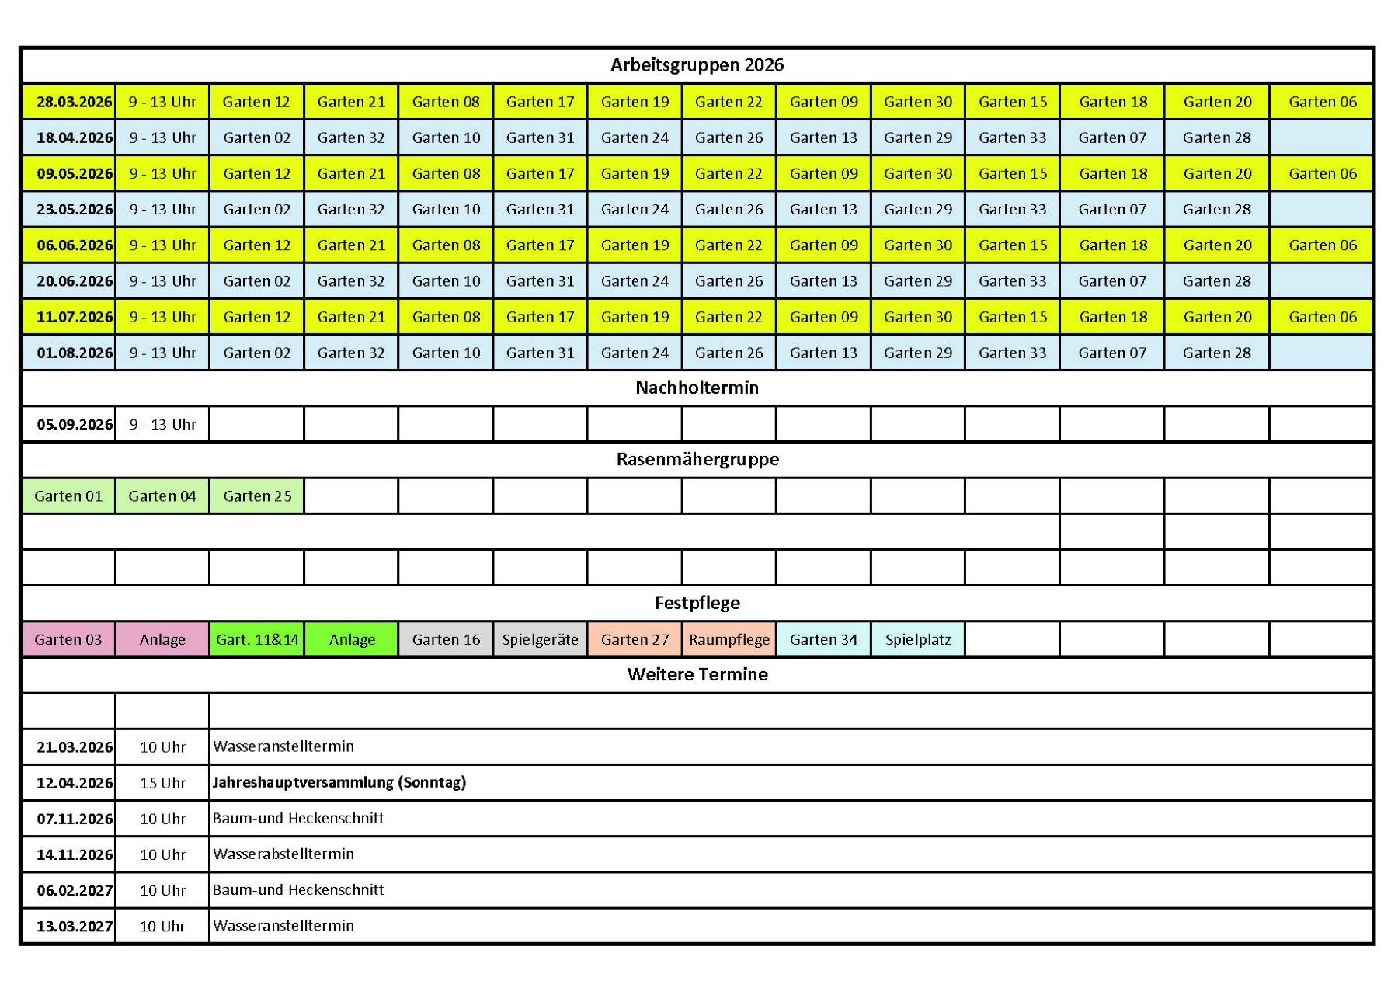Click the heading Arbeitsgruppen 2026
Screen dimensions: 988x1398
697,65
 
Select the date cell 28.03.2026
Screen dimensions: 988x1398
74,102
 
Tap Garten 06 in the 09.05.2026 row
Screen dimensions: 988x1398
1322,173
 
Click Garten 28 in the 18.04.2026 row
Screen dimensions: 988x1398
1216,137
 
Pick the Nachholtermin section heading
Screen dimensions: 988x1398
697,388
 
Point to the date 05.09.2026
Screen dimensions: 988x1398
74,424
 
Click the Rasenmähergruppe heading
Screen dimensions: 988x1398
697,459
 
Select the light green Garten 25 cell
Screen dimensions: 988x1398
257,496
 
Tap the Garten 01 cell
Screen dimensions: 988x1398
68,496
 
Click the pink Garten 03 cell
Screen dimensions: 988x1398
68,639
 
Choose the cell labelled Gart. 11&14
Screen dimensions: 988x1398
257,639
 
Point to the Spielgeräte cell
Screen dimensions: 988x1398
540,639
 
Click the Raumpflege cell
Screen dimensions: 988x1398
729,639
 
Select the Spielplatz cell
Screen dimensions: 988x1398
917,639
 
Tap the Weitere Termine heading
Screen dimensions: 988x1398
697,674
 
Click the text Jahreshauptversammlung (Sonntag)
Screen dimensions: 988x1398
339,782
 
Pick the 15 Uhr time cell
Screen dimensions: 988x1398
162,783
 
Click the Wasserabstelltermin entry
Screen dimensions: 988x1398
283,854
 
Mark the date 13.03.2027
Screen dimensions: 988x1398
74,926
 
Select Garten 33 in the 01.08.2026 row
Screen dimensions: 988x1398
1012,353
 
